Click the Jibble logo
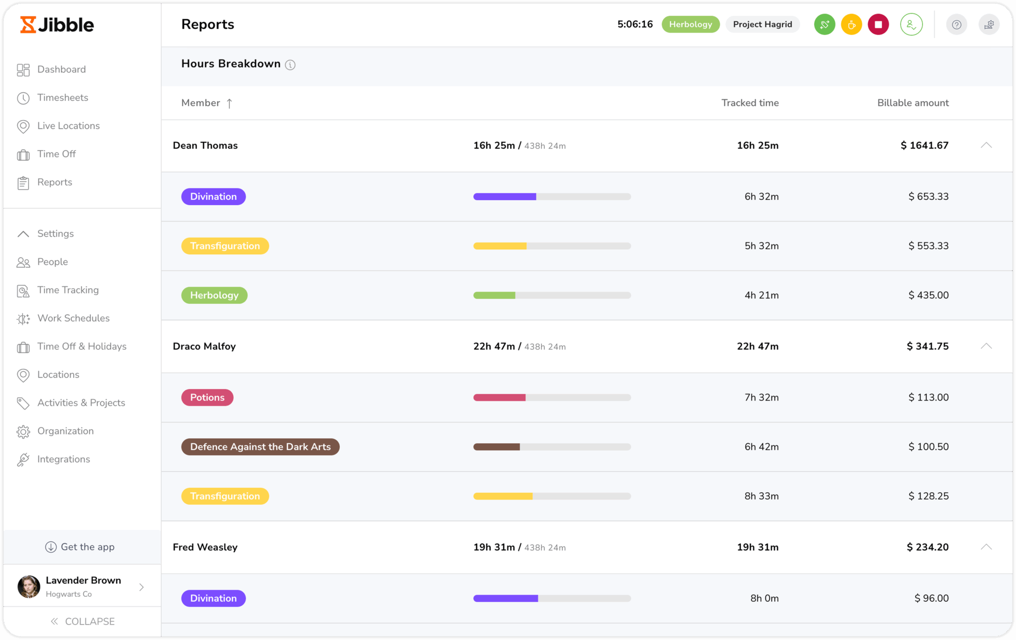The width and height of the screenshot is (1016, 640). click(x=57, y=25)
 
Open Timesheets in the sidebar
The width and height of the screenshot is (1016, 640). click(x=63, y=98)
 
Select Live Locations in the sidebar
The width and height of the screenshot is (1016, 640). click(x=68, y=126)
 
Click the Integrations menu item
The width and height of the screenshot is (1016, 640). click(x=63, y=459)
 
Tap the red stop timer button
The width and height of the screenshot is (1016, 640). click(x=878, y=24)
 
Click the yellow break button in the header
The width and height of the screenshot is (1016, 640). click(x=851, y=24)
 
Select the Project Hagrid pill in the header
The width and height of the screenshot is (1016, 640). click(x=762, y=24)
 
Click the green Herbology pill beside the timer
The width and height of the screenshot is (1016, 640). click(x=690, y=24)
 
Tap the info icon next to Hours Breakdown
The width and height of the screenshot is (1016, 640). click(x=290, y=65)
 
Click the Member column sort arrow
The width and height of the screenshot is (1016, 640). click(x=229, y=103)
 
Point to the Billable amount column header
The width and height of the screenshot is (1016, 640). click(x=912, y=103)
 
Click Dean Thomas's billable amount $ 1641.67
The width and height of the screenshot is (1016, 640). click(x=924, y=145)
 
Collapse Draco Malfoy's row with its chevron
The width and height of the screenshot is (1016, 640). click(x=986, y=346)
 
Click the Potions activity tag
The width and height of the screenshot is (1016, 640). click(x=207, y=398)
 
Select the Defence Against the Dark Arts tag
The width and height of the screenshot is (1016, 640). click(x=260, y=447)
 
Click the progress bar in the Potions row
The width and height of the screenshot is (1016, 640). click(x=552, y=398)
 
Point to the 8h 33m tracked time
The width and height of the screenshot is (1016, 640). click(x=761, y=496)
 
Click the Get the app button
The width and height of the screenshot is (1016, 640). click(x=80, y=547)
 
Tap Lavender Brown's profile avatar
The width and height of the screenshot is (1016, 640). click(x=29, y=586)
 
